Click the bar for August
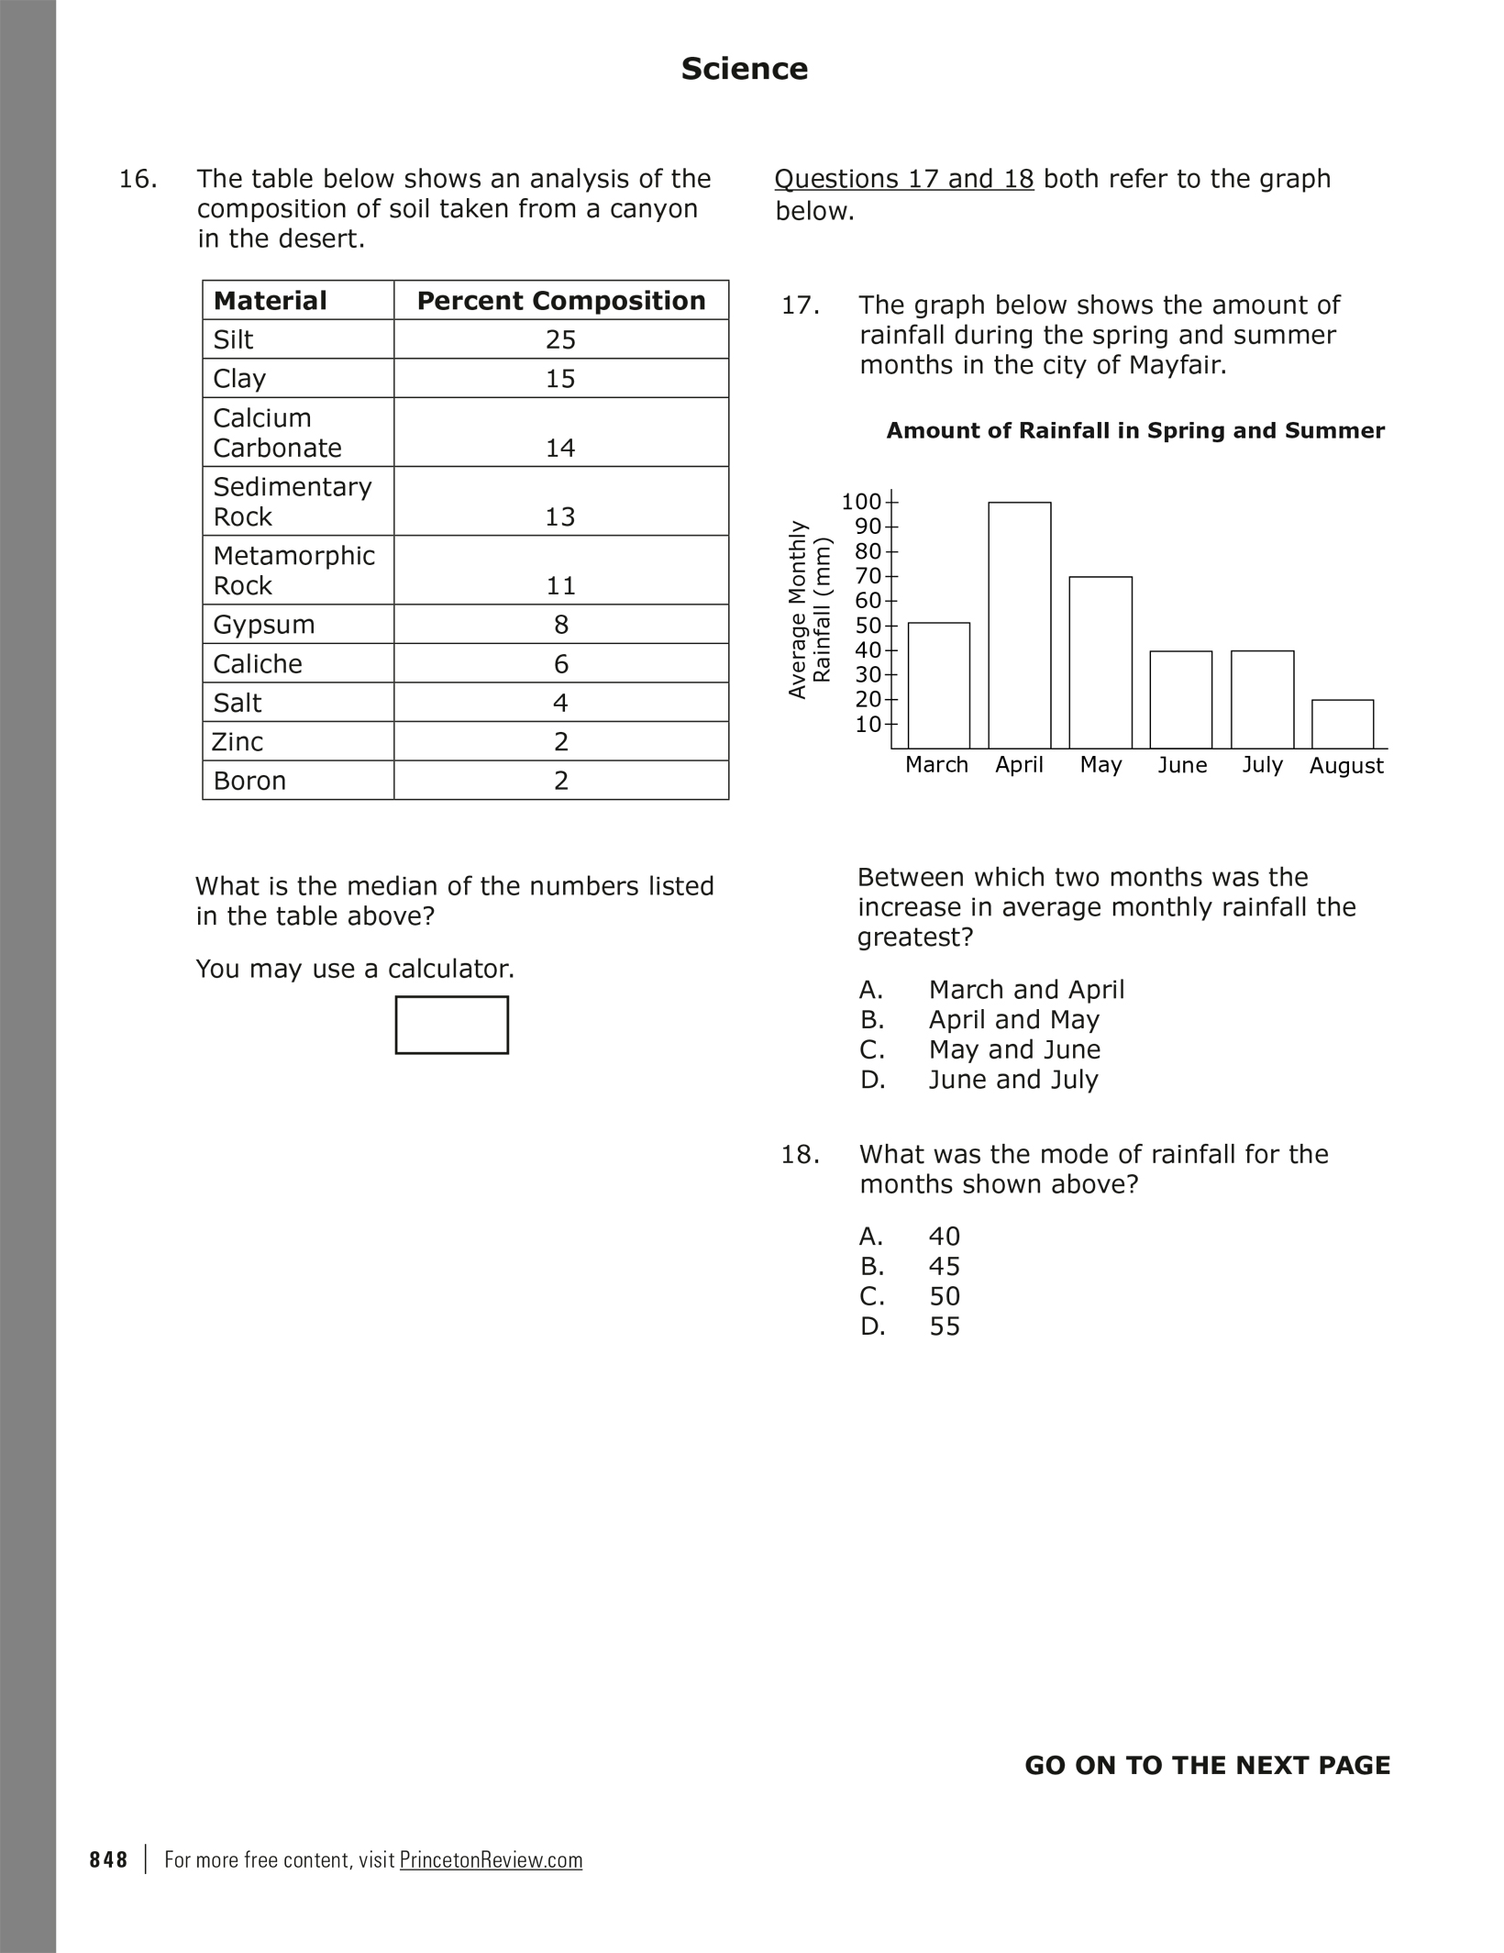pos(1343,724)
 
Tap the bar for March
pos(938,685)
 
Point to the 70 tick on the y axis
pos(868,576)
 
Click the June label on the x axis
pos(1181,765)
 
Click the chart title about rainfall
pos(1134,431)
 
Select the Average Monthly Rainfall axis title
pos(810,610)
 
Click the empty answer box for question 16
pos(451,1025)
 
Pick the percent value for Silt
pos(560,340)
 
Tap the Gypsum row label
pos(264,625)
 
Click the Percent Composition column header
pos(560,301)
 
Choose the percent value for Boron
pos(560,781)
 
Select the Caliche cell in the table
pos(258,664)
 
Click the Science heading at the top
pos(744,69)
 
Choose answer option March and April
pos(1025,990)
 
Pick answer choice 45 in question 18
pos(944,1267)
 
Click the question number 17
pos(800,305)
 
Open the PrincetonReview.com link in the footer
pos(491,1860)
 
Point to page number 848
pos(109,1860)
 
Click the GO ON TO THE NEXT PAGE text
pos(1207,1766)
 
